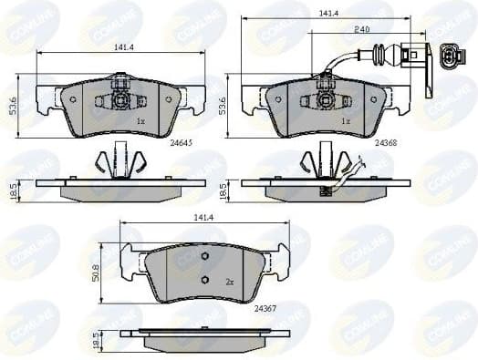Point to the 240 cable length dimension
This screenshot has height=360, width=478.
pyautogui.click(x=361, y=29)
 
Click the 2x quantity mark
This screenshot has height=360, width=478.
pyautogui.click(x=229, y=283)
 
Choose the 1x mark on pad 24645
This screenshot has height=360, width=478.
pyautogui.click(x=140, y=119)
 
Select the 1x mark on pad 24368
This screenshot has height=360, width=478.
pyautogui.click(x=345, y=119)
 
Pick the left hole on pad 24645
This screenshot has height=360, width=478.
pyautogui.click(x=73, y=98)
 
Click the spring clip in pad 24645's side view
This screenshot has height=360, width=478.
pyautogui.click(x=119, y=162)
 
